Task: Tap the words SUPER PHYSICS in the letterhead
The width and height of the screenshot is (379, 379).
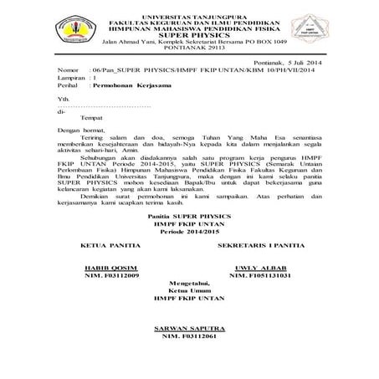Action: click(190, 33)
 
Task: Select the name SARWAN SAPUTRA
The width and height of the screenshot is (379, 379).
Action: click(190, 325)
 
